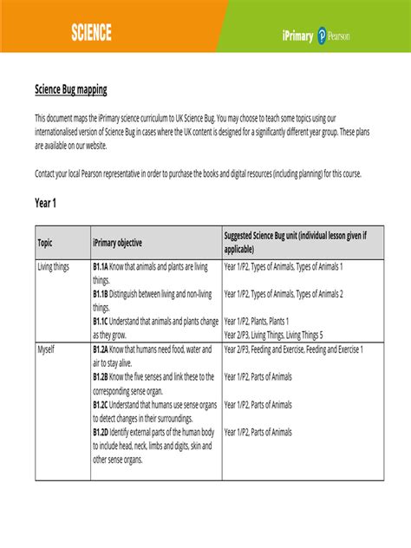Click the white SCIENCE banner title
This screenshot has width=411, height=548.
point(91,33)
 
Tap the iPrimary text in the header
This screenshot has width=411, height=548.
point(297,36)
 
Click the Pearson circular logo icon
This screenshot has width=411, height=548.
point(323,36)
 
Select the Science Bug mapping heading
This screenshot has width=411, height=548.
point(71,90)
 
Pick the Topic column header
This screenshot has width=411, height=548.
point(45,243)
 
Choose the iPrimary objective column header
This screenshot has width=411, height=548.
point(117,243)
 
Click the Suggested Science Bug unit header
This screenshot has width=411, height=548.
point(295,242)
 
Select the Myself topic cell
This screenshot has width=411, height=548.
point(46,349)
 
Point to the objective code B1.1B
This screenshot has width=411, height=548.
point(101,294)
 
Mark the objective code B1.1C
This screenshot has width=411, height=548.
point(101,321)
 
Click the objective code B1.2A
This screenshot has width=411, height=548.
point(101,349)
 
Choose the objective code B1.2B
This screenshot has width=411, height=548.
point(101,376)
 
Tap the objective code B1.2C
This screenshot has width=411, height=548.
point(101,404)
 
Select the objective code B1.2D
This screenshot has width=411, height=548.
point(101,432)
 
